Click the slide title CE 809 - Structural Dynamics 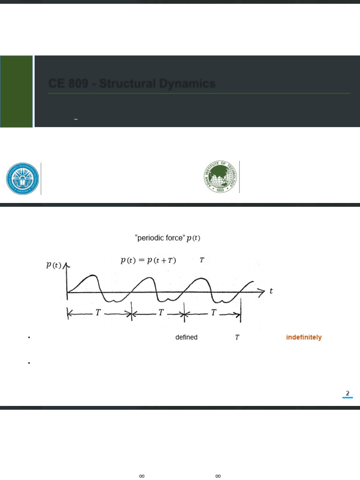tap(132, 84)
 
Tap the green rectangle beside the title tap(16, 91)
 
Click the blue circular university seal tap(22, 179)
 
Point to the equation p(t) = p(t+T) tap(148, 261)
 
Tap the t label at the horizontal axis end tap(271, 291)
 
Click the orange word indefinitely tap(304, 337)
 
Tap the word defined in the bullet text tap(186, 337)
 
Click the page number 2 tap(347, 393)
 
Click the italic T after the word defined tap(237, 337)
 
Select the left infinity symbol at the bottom tap(142, 476)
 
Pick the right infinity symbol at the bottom tap(217, 476)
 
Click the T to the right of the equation tap(202, 260)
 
